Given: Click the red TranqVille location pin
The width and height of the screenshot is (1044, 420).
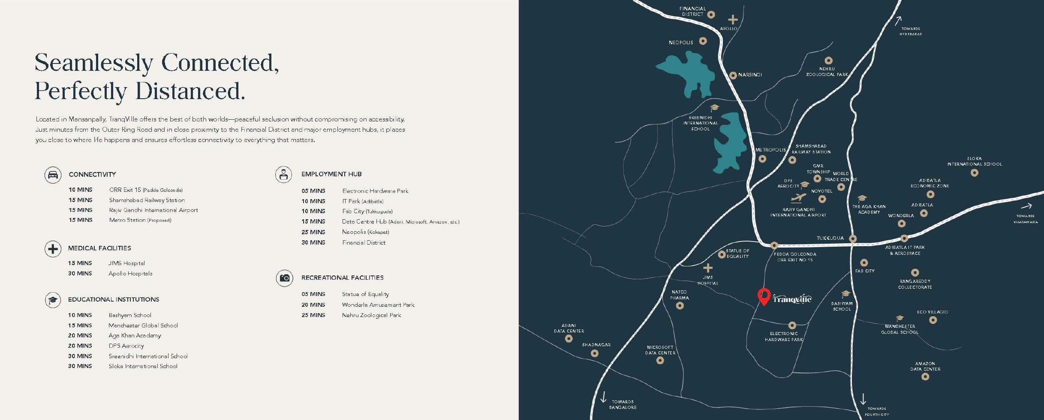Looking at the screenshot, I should pyautogui.click(x=764, y=296).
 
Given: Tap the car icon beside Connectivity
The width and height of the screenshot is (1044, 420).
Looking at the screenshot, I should pyautogui.click(x=53, y=175).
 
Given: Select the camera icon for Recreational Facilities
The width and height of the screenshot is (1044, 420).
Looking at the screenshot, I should pyautogui.click(x=284, y=278).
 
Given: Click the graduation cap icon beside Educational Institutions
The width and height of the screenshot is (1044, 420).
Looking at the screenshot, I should pyautogui.click(x=53, y=300).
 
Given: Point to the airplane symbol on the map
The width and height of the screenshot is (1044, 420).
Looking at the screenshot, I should pyautogui.click(x=798, y=198).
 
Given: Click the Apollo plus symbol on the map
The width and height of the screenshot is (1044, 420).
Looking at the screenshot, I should pyautogui.click(x=733, y=19).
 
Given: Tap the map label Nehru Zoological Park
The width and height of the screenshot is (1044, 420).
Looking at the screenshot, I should pyautogui.click(x=827, y=72).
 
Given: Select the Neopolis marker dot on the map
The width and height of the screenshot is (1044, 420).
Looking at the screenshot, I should pyautogui.click(x=703, y=41).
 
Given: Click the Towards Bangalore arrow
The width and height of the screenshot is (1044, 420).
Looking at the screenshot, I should pyautogui.click(x=603, y=397).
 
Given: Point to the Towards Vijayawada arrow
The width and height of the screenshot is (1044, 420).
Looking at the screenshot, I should pyautogui.click(x=1026, y=206).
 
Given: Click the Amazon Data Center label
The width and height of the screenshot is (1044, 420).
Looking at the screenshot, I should pyautogui.click(x=925, y=366).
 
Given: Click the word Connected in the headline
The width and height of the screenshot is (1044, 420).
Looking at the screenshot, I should pyautogui.click(x=220, y=63).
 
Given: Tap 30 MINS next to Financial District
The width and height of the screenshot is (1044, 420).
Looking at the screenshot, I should pyautogui.click(x=313, y=242).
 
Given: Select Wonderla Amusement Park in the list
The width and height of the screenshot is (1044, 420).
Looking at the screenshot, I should pyautogui.click(x=378, y=305).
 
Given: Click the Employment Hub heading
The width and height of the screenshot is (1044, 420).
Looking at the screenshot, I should pyautogui.click(x=331, y=174).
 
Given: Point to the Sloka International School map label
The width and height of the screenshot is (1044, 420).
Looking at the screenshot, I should pyautogui.click(x=974, y=161).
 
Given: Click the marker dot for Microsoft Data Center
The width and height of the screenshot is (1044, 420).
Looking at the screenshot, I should pyautogui.click(x=660, y=360).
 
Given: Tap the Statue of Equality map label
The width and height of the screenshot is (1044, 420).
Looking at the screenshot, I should pyautogui.click(x=737, y=254).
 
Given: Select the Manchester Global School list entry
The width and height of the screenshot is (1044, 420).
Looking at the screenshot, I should pyautogui.click(x=143, y=325).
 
